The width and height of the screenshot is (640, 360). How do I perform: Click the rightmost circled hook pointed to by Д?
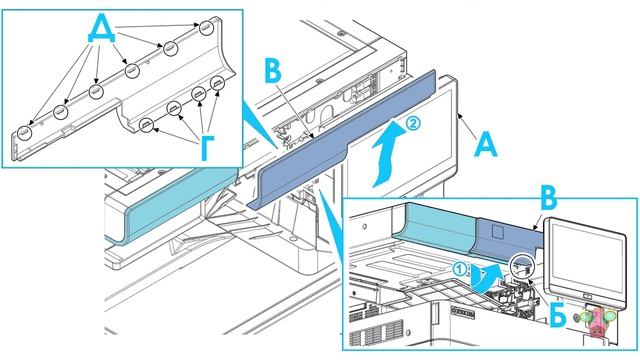pyautogui.click(x=206, y=29)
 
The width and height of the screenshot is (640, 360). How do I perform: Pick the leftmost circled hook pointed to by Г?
pyautogui.click(x=147, y=124)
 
